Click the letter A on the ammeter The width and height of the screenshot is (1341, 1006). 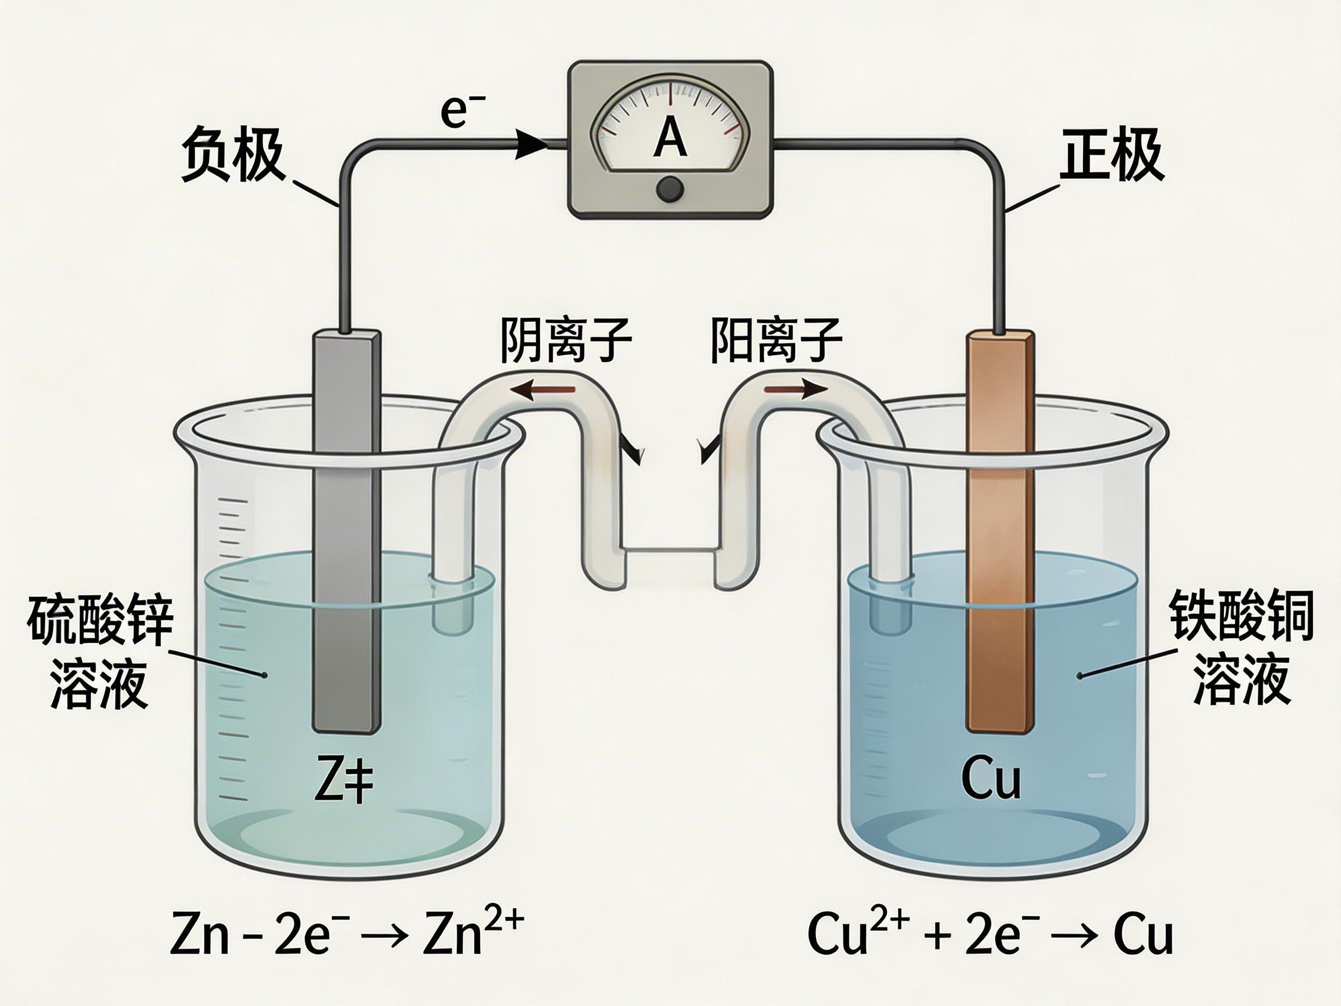click(x=670, y=137)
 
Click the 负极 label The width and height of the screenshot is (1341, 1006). click(x=233, y=155)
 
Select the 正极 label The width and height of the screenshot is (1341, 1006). click(x=1112, y=155)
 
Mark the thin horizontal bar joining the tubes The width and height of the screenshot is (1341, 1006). click(x=670, y=551)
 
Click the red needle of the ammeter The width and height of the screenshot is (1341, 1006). click(x=670, y=100)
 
